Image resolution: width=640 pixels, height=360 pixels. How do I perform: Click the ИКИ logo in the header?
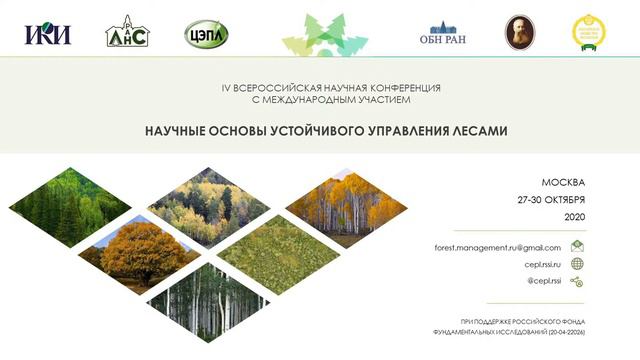pos(48,34)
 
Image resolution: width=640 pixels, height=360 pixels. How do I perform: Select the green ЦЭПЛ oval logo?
pos(206,34)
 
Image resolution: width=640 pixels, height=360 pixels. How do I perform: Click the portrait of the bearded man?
pos(519,32)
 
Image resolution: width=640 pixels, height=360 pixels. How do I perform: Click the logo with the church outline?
pos(127,32)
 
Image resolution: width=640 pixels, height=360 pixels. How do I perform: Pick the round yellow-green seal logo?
pos(589,33)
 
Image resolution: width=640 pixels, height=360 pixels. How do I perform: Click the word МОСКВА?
pos(563,182)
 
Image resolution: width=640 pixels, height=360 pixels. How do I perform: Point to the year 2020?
pos(574,216)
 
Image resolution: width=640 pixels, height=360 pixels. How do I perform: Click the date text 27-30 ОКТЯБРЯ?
pos(551,199)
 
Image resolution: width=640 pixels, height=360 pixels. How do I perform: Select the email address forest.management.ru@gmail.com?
pos(497,247)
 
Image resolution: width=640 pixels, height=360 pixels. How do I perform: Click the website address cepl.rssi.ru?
pos(543,264)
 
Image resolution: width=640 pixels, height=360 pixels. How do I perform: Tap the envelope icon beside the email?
pos(577,246)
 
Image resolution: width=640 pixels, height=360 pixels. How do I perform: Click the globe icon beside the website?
pos(577,264)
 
